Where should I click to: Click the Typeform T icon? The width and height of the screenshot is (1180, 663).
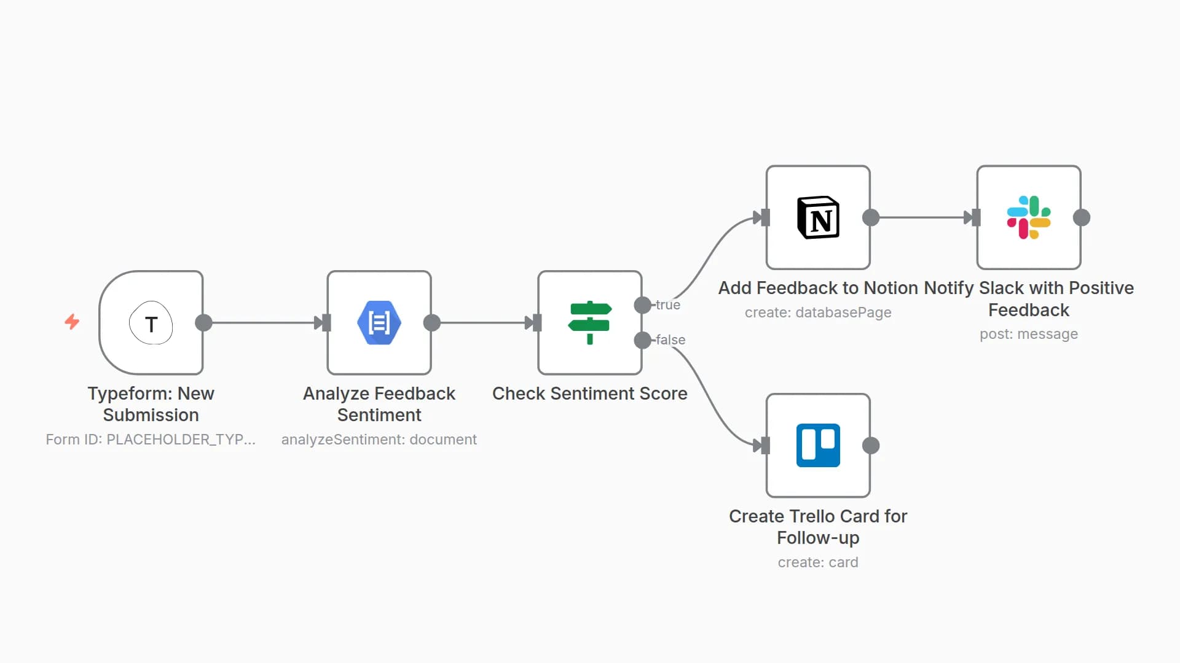point(151,323)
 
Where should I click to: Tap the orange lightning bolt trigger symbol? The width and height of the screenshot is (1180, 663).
point(72,322)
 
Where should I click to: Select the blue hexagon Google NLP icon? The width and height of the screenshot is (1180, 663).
point(379,323)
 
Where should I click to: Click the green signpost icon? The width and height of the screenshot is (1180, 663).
point(589,323)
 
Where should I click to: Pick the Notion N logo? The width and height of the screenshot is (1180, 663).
point(818,217)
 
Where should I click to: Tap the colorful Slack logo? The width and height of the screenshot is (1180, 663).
point(1028,217)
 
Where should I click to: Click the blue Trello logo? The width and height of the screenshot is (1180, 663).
point(818,446)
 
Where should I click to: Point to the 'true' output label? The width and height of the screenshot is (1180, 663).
point(668,305)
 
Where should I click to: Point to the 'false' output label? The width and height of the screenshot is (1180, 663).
point(671,340)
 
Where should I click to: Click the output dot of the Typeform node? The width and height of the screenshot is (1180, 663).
point(203,323)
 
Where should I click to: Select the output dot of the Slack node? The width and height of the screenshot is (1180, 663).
point(1082,217)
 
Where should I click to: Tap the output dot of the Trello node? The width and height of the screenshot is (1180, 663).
point(871,446)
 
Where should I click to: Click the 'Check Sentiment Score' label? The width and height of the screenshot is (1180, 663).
point(589,394)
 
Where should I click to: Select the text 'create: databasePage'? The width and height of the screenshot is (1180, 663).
point(818,312)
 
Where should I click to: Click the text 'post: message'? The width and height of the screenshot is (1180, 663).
point(1028,334)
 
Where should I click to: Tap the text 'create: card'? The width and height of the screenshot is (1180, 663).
point(818,562)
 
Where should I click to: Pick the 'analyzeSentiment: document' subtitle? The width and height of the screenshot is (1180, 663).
point(379,440)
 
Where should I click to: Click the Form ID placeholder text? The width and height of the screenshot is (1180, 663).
point(151,440)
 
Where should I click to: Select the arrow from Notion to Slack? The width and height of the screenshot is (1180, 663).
point(922,217)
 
